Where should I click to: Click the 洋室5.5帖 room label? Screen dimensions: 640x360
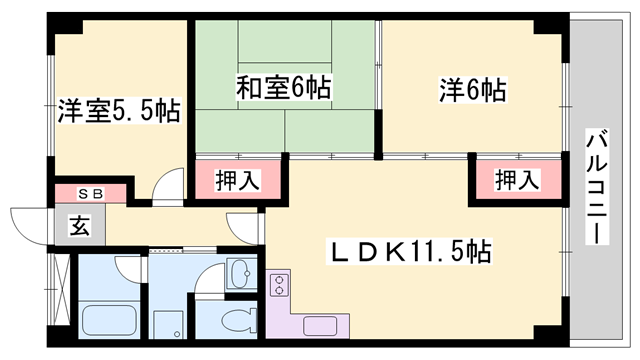(x=118, y=110)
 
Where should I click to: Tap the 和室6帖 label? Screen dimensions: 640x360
(x=283, y=89)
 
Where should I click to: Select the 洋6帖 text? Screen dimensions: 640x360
(x=471, y=89)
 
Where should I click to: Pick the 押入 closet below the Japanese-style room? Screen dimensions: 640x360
(x=239, y=181)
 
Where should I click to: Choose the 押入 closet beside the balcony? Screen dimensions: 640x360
(x=518, y=181)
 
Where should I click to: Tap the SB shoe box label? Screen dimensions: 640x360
(x=89, y=193)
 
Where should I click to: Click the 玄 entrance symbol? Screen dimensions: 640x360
(x=77, y=226)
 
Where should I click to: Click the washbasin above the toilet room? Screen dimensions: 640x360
(x=240, y=273)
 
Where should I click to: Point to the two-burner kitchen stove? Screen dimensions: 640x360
(x=278, y=284)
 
